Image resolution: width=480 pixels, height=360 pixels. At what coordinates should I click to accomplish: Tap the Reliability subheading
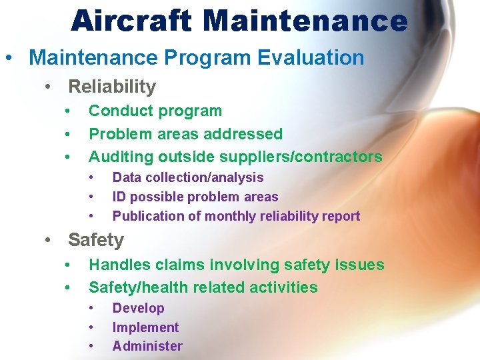click(112, 87)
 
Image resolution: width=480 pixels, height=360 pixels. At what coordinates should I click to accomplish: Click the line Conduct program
click(155, 111)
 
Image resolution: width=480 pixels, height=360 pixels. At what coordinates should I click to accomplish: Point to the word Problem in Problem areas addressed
click(115, 134)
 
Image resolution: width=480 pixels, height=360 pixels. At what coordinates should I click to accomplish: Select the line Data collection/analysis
click(188, 177)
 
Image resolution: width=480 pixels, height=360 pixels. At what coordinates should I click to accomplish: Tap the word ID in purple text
click(119, 197)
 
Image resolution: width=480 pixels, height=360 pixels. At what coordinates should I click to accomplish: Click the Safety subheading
click(96, 240)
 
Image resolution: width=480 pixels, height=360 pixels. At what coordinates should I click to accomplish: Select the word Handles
click(117, 265)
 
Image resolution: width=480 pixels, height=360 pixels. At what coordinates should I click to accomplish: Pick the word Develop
click(138, 308)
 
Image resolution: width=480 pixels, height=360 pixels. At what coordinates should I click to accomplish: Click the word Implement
click(145, 327)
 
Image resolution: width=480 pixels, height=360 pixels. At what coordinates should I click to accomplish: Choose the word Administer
click(147, 346)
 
